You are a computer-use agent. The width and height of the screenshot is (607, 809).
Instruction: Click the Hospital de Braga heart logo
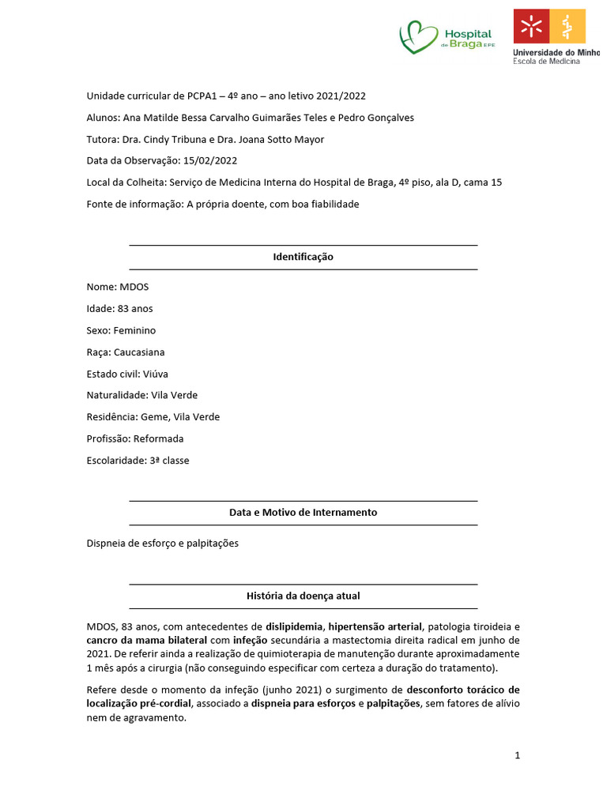419,36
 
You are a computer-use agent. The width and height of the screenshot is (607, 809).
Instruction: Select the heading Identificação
303,258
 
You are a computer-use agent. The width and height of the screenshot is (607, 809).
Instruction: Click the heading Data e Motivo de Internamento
303,513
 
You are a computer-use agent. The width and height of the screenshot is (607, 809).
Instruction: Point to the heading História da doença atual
303,596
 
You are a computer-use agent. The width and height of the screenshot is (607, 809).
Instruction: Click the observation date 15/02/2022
209,161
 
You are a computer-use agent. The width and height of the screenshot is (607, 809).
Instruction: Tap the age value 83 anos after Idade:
135,309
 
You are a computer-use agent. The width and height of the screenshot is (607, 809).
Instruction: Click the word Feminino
134,330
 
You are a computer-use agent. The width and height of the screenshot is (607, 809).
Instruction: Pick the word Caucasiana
139,352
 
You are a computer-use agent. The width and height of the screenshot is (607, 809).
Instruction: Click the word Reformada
159,438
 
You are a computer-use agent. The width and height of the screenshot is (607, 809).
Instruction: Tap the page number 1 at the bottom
517,756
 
